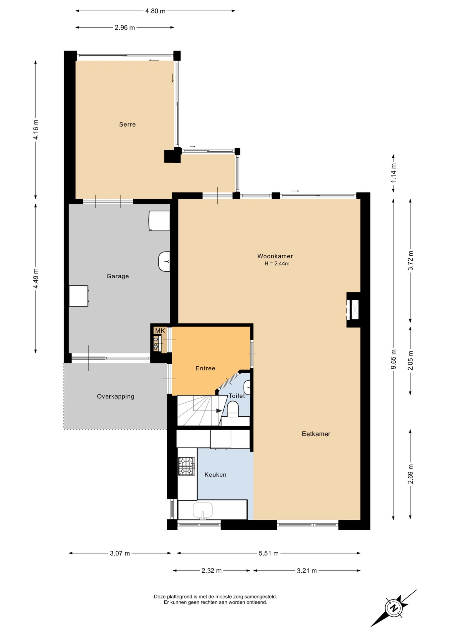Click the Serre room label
click(127, 125)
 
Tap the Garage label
click(118, 276)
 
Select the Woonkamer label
click(275, 256)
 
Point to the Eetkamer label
click(316, 434)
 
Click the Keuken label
click(215, 475)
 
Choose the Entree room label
click(205, 368)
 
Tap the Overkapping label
click(116, 397)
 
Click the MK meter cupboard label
click(160, 331)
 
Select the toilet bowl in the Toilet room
click(233, 409)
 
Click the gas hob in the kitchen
click(187, 466)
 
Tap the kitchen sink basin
click(203, 510)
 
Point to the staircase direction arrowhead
click(219, 411)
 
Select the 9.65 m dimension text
click(393, 359)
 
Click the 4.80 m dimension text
click(155, 11)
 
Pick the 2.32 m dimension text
click(211, 571)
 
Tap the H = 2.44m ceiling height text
click(277, 264)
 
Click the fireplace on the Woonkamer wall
click(353, 310)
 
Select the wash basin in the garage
click(164, 262)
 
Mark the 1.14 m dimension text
click(393, 173)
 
